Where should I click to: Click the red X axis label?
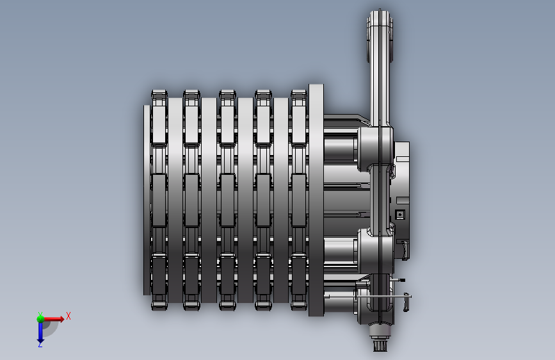(x=68, y=316)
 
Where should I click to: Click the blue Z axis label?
(x=40, y=344)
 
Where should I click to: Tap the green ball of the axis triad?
(x=40, y=319)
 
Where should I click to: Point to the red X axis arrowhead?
(x=61, y=319)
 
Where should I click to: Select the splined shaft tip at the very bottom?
(x=380, y=345)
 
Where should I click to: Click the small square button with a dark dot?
(x=400, y=215)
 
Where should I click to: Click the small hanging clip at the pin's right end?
(x=406, y=302)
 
